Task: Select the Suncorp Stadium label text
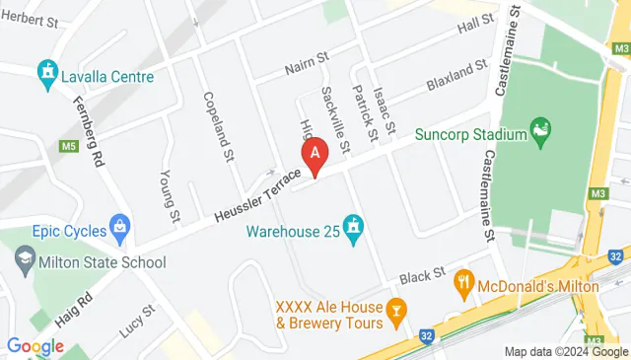coord(469,134)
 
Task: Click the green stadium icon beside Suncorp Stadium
coord(539,130)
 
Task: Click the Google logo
coord(35,346)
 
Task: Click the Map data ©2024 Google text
coord(565,351)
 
